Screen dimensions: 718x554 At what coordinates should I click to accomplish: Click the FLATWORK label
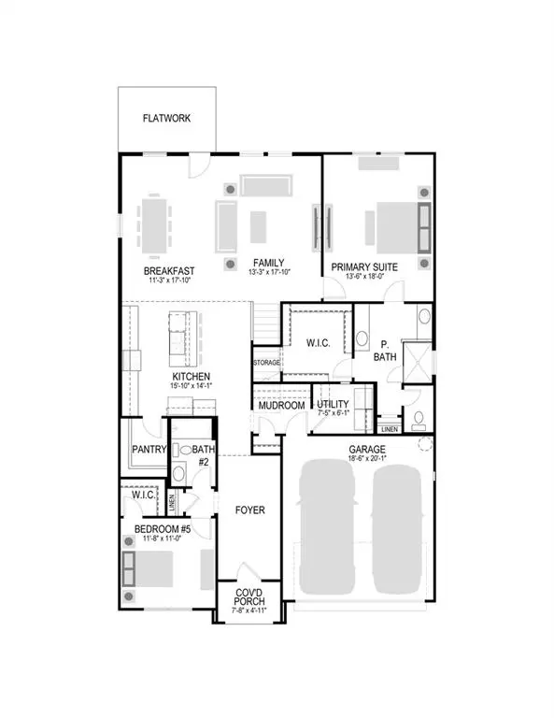[x=167, y=119]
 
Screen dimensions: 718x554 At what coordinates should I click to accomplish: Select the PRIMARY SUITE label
[x=365, y=267]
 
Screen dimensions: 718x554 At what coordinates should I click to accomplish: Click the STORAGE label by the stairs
[x=267, y=363]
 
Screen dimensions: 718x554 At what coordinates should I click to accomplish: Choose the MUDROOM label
[x=282, y=406]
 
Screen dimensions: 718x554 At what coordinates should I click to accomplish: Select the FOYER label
[x=250, y=510]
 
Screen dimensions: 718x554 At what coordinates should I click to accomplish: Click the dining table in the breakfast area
[x=154, y=223]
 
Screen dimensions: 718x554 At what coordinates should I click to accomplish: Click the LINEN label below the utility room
[x=388, y=429]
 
